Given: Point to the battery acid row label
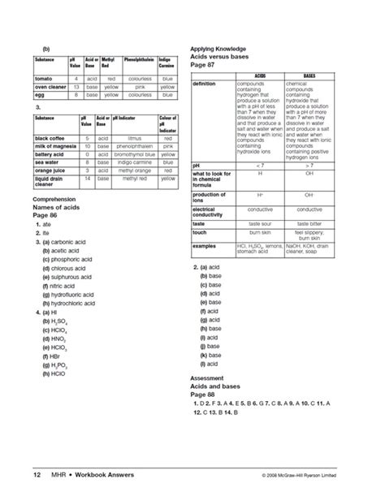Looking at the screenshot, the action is pyautogui.click(x=48, y=153).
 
